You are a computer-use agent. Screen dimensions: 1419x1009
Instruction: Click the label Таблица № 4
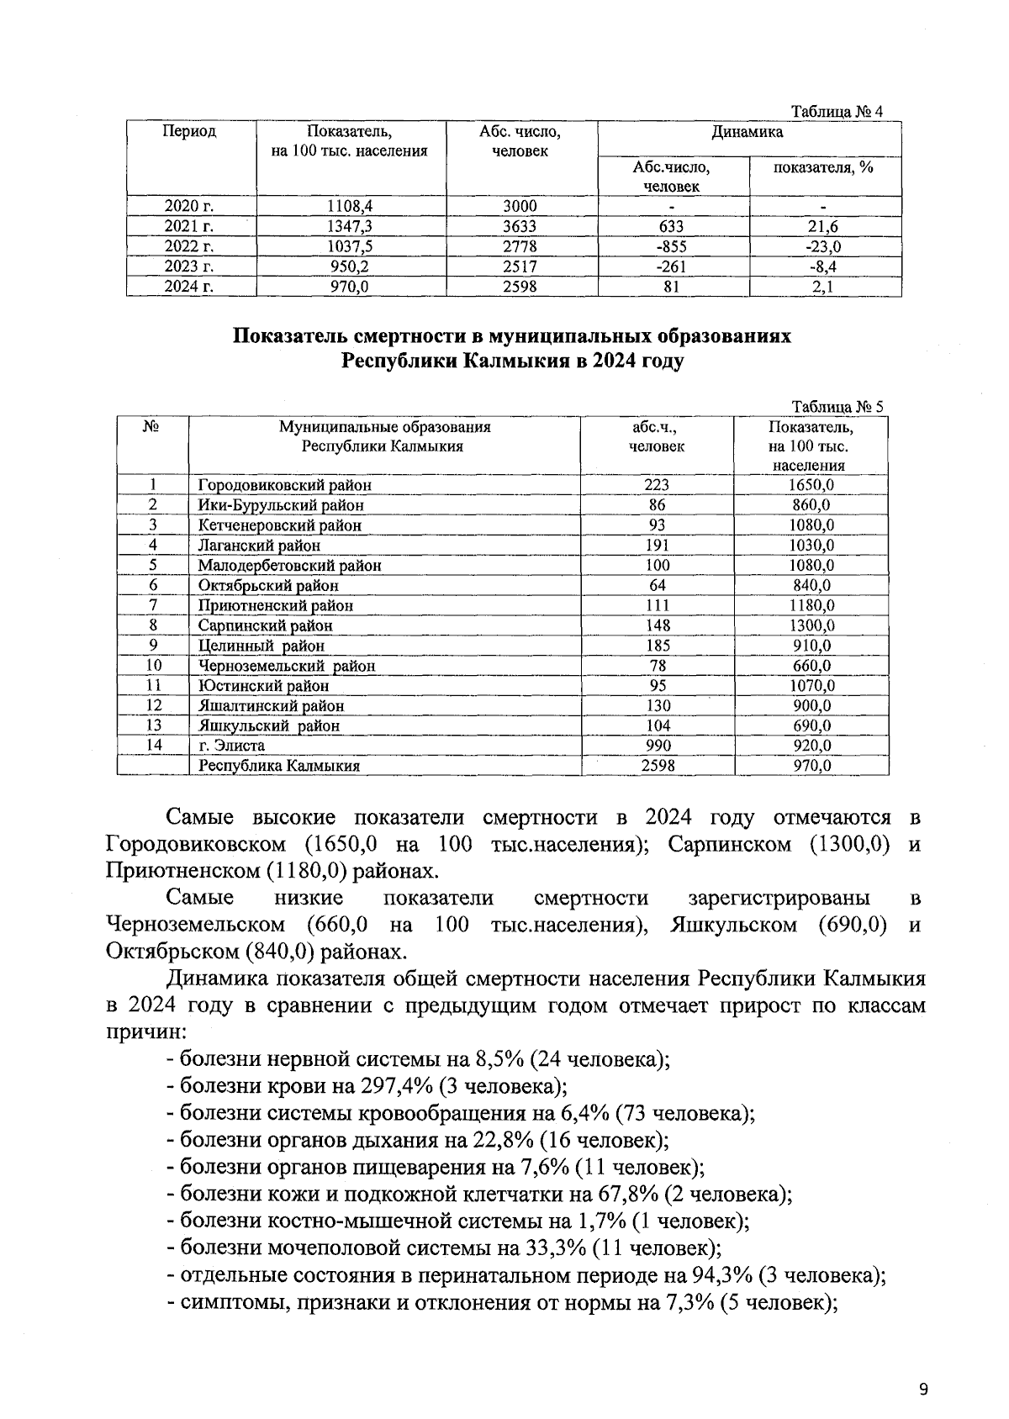point(837,113)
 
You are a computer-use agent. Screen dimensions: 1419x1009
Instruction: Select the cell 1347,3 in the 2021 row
point(351,227)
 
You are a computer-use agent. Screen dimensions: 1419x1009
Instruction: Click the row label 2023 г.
point(190,267)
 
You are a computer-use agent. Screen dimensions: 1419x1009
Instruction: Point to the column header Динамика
point(748,132)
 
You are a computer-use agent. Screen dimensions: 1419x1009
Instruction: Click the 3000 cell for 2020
point(520,207)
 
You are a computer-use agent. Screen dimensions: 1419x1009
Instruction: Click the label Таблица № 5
point(837,407)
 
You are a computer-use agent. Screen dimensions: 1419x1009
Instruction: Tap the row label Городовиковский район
point(284,485)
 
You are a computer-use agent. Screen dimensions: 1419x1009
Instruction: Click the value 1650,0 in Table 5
point(811,485)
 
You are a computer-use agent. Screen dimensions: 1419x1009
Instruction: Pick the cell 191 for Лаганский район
point(657,546)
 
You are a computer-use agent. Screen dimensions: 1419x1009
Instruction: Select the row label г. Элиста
point(231,746)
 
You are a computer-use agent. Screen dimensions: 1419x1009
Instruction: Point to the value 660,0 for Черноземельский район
point(811,666)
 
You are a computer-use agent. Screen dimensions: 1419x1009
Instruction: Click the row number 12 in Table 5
point(153,705)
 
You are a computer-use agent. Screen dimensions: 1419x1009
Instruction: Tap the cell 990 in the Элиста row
point(657,746)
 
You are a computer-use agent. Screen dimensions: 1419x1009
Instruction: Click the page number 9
point(923,1366)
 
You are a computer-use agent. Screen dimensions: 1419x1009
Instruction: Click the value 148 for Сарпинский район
point(657,625)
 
